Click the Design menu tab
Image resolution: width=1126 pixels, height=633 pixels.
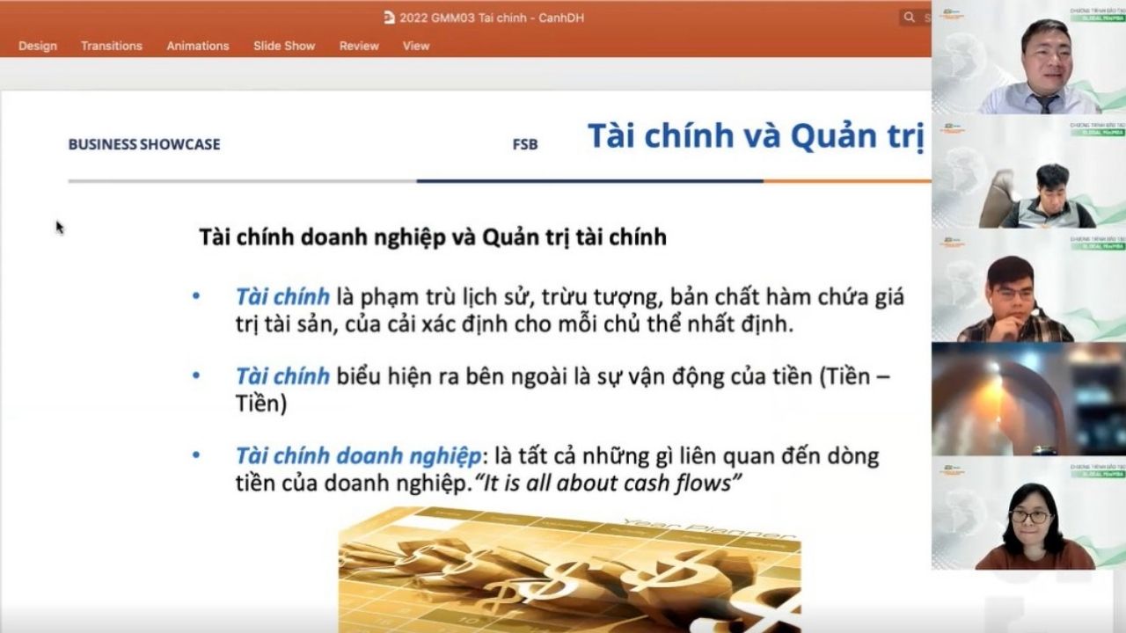click(x=37, y=46)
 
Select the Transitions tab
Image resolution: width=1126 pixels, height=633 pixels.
click(x=111, y=46)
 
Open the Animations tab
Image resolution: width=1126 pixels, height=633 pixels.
click(x=198, y=46)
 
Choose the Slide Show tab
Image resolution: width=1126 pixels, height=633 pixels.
click(x=284, y=46)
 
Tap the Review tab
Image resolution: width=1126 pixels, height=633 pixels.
click(x=359, y=46)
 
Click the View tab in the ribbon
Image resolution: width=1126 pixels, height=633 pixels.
click(x=416, y=46)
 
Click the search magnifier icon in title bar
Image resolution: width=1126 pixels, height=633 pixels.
click(x=908, y=18)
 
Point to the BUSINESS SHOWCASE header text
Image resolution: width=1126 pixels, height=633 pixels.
click(x=144, y=144)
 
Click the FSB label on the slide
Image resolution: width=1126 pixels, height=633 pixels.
click(x=525, y=145)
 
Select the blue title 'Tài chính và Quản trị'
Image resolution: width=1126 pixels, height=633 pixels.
click(x=755, y=136)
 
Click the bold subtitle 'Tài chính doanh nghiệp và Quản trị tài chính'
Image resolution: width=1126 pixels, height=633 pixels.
click(x=433, y=236)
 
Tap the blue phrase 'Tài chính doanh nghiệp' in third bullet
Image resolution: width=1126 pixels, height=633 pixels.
click(x=358, y=456)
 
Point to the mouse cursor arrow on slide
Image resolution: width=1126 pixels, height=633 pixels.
click(x=59, y=227)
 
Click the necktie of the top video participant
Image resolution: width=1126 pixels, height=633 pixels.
click(x=1045, y=103)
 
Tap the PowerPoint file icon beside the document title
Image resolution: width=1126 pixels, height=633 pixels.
click(x=390, y=18)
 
